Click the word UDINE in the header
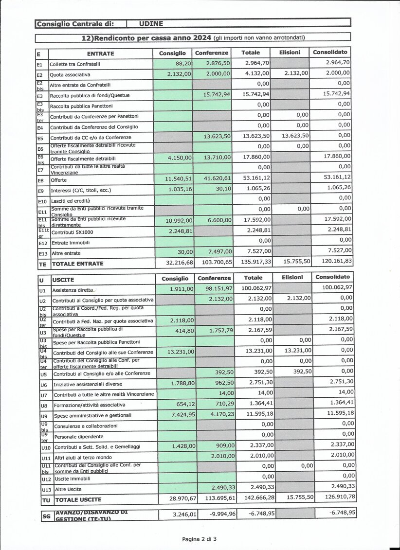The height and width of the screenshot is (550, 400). click(x=151, y=23)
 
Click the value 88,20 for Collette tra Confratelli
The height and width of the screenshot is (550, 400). click(x=183, y=64)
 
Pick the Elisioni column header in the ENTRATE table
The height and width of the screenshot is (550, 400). click(x=291, y=53)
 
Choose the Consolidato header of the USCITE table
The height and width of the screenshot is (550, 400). click(x=332, y=277)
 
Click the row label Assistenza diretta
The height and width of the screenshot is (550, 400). click(x=73, y=290)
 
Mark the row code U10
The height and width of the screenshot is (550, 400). click(x=46, y=447)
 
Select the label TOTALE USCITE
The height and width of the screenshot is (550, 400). click(x=78, y=499)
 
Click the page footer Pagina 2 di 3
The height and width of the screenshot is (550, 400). click(x=200, y=539)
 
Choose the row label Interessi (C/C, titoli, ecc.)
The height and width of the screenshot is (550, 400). click(x=80, y=191)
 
